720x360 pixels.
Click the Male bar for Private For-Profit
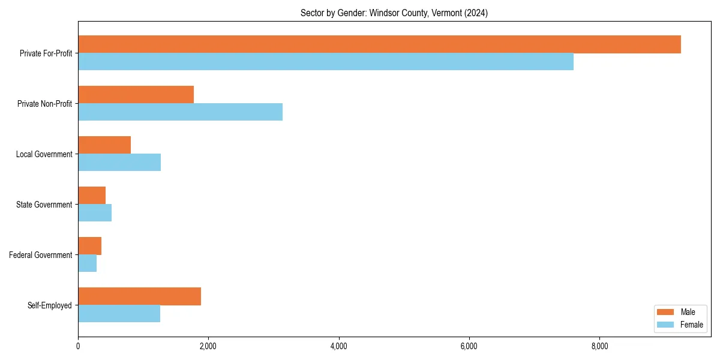(x=379, y=44)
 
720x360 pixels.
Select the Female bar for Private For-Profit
(x=326, y=62)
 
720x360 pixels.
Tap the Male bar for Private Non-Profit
(x=136, y=95)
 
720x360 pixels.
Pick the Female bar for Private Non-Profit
(x=180, y=112)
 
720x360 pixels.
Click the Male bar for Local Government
(x=104, y=145)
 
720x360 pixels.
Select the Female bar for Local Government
(x=119, y=163)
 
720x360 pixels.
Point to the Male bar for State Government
(x=92, y=196)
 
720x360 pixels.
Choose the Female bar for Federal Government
(x=88, y=263)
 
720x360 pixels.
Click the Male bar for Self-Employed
(x=139, y=296)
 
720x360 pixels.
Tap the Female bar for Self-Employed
(x=119, y=314)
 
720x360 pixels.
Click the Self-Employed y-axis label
(x=50, y=305)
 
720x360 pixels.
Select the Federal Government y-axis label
(x=41, y=255)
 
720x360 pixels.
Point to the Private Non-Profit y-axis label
(x=44, y=104)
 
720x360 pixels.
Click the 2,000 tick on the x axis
(x=208, y=346)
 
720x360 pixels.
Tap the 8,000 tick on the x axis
(x=599, y=346)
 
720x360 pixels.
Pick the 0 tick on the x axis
(x=78, y=346)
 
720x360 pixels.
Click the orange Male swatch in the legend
(x=666, y=312)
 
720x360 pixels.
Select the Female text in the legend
(x=691, y=325)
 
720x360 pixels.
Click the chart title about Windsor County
(x=394, y=13)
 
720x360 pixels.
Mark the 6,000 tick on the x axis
(x=469, y=346)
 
